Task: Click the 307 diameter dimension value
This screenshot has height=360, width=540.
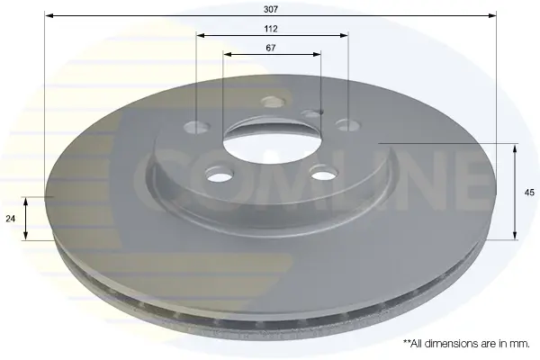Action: (271, 9)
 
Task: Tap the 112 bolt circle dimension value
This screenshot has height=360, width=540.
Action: (271, 29)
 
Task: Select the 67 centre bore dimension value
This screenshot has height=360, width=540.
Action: (271, 48)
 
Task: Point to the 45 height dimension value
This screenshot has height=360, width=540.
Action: (529, 193)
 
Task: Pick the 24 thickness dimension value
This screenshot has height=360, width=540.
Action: (11, 219)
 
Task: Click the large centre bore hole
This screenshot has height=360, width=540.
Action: (272, 139)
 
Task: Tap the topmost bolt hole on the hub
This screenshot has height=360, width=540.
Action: (274, 102)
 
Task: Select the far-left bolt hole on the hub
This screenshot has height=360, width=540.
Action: (196, 127)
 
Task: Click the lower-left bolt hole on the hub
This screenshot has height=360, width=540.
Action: (220, 174)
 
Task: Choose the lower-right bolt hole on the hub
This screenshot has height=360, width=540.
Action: (323, 173)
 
